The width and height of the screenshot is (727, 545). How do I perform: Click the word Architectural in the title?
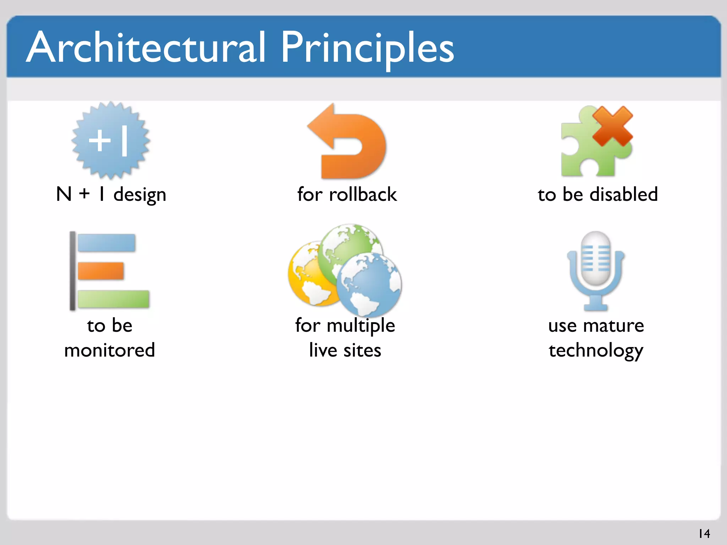146,48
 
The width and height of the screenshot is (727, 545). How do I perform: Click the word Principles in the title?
367,48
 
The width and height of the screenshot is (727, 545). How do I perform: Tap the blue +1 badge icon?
111,141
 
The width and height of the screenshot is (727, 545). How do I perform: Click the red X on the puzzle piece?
612,126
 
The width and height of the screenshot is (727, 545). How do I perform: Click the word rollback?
362,194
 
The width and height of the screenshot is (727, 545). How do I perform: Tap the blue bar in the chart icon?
106,243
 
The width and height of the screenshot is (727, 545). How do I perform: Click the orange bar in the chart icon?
101,271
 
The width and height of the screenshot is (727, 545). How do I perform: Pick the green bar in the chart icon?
113,299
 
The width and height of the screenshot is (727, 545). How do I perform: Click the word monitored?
110,350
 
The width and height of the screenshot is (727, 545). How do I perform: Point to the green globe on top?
350,245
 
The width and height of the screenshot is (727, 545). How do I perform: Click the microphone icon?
596,270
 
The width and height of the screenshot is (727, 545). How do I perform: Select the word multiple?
361,326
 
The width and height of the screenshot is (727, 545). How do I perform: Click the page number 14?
704,534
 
